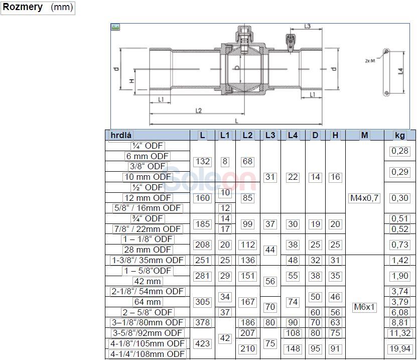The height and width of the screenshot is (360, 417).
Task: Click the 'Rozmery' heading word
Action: point(23,7)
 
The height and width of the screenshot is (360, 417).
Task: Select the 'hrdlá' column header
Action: point(121,135)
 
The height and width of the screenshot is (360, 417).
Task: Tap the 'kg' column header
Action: point(400,135)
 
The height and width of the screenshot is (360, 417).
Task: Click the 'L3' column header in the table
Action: point(270,135)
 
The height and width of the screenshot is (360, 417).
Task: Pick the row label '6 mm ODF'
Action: point(148,156)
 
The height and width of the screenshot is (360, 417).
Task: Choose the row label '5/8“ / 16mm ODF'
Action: point(148,208)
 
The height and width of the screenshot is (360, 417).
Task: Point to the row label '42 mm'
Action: point(148,281)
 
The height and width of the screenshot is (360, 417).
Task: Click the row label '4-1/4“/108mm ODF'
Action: point(148,354)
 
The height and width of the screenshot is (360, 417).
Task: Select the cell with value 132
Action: point(203,162)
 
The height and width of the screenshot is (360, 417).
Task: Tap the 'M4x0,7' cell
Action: point(364,198)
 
